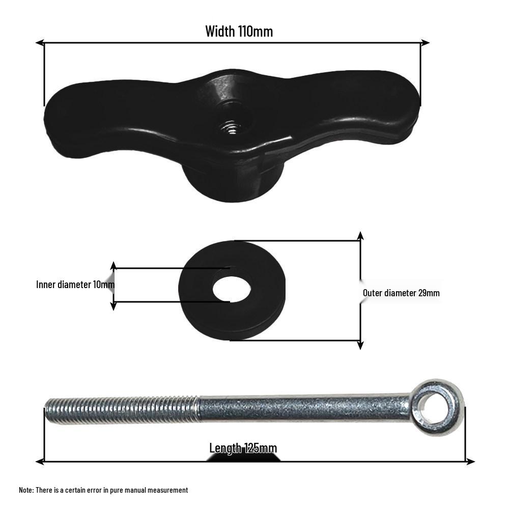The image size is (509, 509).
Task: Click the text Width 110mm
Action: pos(239,32)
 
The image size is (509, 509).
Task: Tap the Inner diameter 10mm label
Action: pos(75,285)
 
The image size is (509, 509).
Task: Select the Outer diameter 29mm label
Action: pos(401,293)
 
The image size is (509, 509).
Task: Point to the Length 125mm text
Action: pos(243,448)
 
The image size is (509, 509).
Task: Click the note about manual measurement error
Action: pos(103,490)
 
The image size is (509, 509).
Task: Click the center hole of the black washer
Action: pos(232,289)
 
